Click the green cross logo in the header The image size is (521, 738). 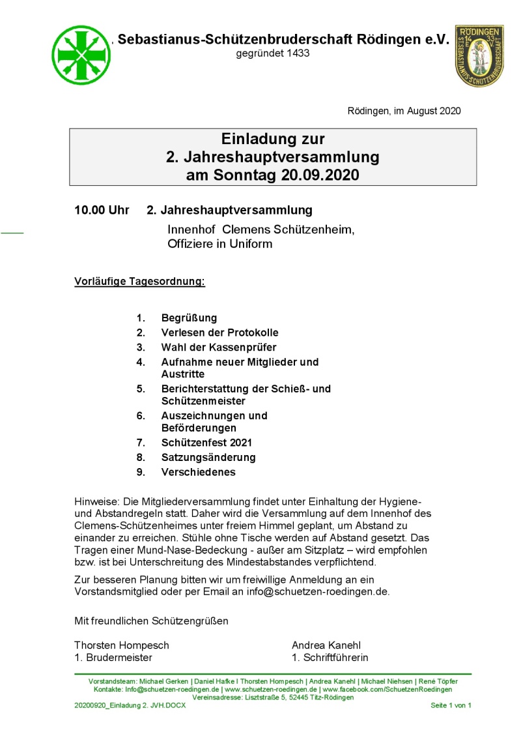point(80,54)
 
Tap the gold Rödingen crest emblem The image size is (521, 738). point(479,55)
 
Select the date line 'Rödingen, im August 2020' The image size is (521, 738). point(404,111)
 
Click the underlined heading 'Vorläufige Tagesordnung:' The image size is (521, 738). point(140,282)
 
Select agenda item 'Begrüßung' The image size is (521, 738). point(189,318)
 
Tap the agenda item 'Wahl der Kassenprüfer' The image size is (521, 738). point(214,347)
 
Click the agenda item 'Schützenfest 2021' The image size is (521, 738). point(206,443)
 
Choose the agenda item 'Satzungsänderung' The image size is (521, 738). point(208,457)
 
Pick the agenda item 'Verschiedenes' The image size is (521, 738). point(199,472)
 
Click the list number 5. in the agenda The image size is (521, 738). point(140,389)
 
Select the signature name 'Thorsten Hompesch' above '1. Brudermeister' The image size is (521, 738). point(122,645)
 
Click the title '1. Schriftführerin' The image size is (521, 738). point(330,657)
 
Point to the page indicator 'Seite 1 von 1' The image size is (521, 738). point(451,705)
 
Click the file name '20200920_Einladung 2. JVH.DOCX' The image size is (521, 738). point(130,705)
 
